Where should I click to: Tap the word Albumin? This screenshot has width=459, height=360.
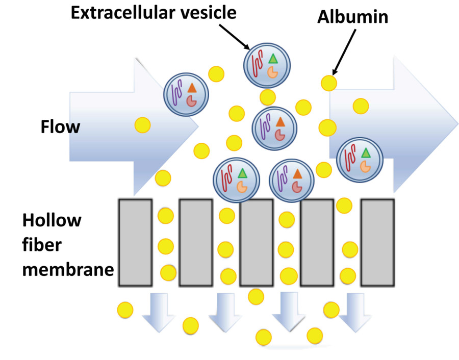[x=352, y=17]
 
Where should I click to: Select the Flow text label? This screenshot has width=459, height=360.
[x=60, y=126]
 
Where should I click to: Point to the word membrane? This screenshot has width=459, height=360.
[x=67, y=268]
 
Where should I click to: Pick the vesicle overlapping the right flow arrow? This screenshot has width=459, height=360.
[x=360, y=159]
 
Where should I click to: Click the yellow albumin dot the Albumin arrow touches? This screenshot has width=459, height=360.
[x=329, y=82]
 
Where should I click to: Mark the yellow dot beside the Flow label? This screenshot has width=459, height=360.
[x=142, y=124]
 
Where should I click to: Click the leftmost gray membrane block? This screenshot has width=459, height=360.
[x=135, y=242]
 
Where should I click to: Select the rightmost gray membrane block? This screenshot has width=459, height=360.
[x=377, y=242]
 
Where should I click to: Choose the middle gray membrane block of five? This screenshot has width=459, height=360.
[x=257, y=242]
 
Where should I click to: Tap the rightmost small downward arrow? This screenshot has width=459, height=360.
[x=353, y=312]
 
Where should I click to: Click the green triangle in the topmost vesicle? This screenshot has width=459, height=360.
[x=273, y=59]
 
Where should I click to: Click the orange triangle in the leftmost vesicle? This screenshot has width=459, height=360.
[x=191, y=88]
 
